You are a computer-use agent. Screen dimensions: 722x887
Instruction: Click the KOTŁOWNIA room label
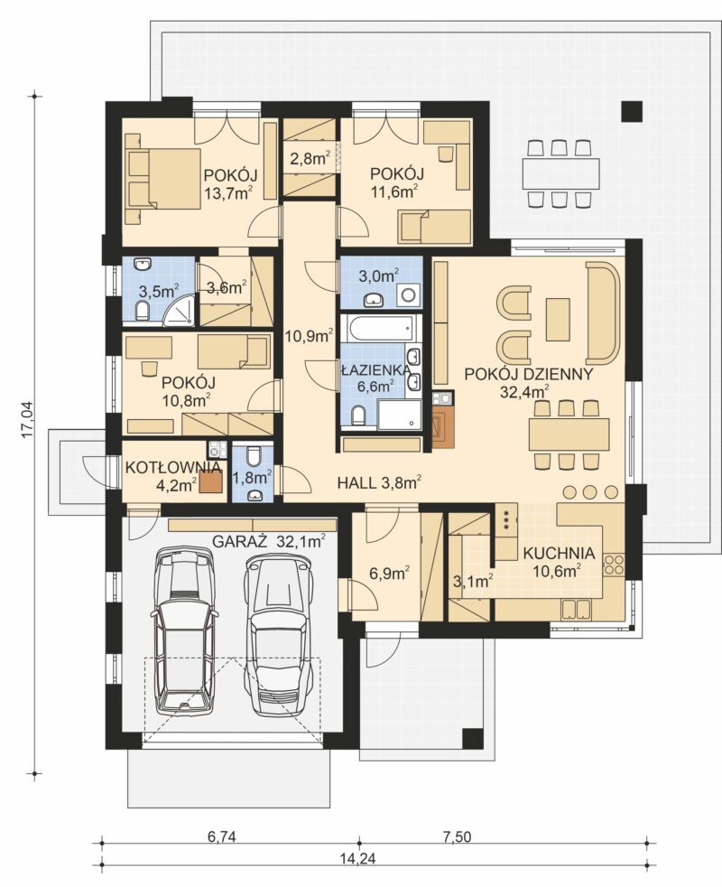[172, 468]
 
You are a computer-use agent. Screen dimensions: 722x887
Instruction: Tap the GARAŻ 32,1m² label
[269, 541]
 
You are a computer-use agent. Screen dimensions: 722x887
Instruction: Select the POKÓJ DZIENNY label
[529, 374]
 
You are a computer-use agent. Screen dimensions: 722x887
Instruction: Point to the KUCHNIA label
[559, 553]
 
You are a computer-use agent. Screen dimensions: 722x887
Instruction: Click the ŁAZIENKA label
[375, 370]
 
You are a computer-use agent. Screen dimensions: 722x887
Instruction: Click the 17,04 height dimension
[26, 419]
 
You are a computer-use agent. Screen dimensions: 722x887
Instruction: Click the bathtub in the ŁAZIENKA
[377, 328]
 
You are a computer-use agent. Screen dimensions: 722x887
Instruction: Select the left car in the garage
[184, 629]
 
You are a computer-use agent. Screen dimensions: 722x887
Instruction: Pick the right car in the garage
[279, 633]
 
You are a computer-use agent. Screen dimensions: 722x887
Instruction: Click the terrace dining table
[560, 172]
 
